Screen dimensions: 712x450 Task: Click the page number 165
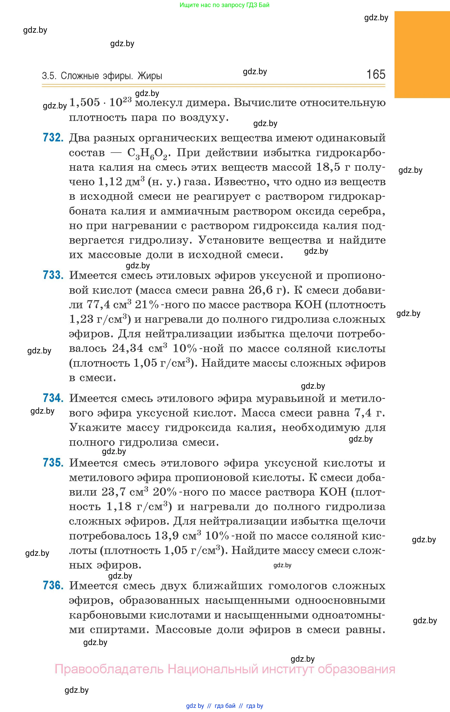point(376,74)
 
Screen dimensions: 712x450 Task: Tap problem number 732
point(53,138)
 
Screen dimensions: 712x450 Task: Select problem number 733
point(53,275)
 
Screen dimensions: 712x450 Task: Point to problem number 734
point(53,398)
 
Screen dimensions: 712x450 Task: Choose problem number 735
point(53,463)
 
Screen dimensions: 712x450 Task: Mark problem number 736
point(53,585)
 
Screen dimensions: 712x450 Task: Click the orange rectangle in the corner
point(422,54)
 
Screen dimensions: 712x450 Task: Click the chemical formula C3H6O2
point(147,153)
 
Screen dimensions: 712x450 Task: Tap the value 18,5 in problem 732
point(328,167)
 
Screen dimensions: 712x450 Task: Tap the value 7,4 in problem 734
point(363,413)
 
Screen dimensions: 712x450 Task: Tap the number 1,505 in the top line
point(85,102)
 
